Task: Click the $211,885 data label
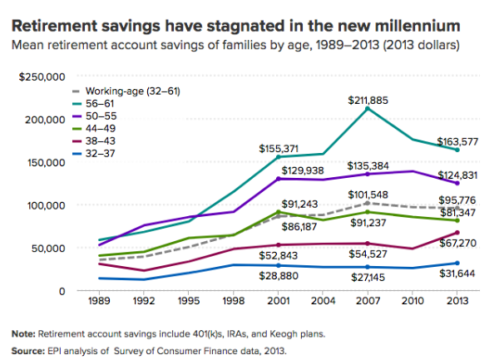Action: point(368,101)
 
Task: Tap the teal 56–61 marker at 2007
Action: point(368,109)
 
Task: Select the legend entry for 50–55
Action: point(94,116)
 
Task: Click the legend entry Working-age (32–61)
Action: point(126,91)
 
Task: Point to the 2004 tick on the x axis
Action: point(323,301)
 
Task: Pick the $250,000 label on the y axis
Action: point(42,77)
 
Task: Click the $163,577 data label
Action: point(457,141)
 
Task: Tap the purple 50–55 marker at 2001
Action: point(279,179)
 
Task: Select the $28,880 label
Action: point(279,276)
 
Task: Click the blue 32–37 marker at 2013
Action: point(457,264)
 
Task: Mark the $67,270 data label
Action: point(457,243)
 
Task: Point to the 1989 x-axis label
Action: point(99,301)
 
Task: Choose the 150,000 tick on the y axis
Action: point(47,163)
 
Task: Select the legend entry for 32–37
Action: point(93,153)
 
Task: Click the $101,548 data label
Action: point(368,195)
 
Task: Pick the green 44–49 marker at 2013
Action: point(457,221)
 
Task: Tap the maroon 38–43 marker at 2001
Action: point(279,245)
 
